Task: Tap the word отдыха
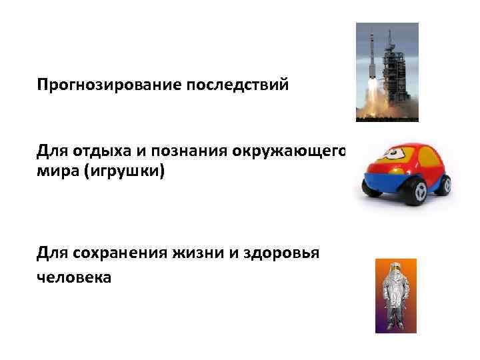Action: click(93, 151)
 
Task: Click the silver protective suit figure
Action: click(395, 300)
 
